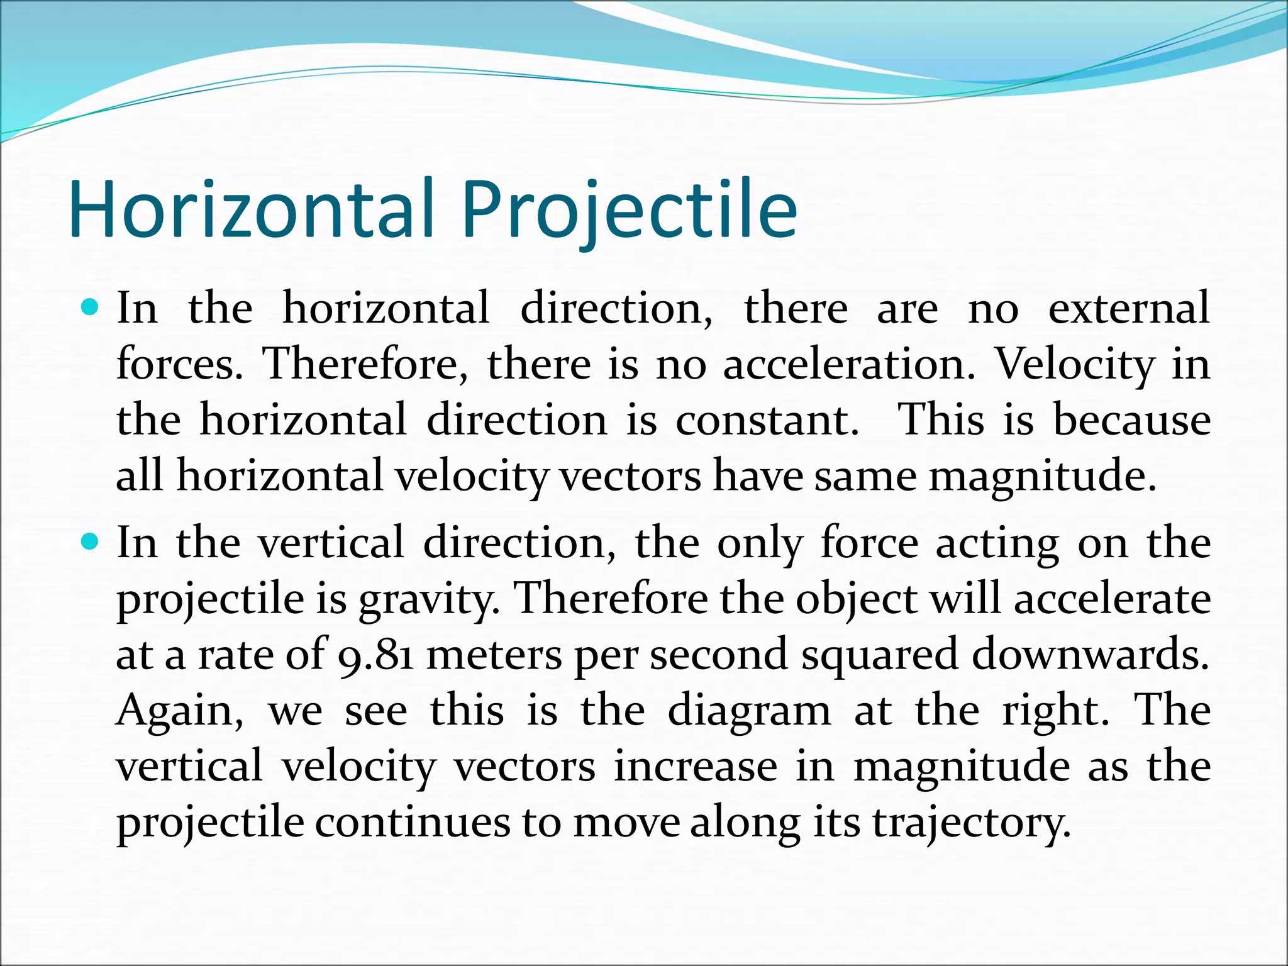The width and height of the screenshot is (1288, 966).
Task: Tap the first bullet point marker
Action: click(x=91, y=308)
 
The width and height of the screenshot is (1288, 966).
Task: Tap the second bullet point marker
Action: click(x=91, y=541)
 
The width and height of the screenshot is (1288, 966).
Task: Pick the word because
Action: click(x=1132, y=420)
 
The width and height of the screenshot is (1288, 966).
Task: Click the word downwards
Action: click(x=1091, y=654)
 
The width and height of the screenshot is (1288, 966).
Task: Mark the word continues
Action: click(x=412, y=823)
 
